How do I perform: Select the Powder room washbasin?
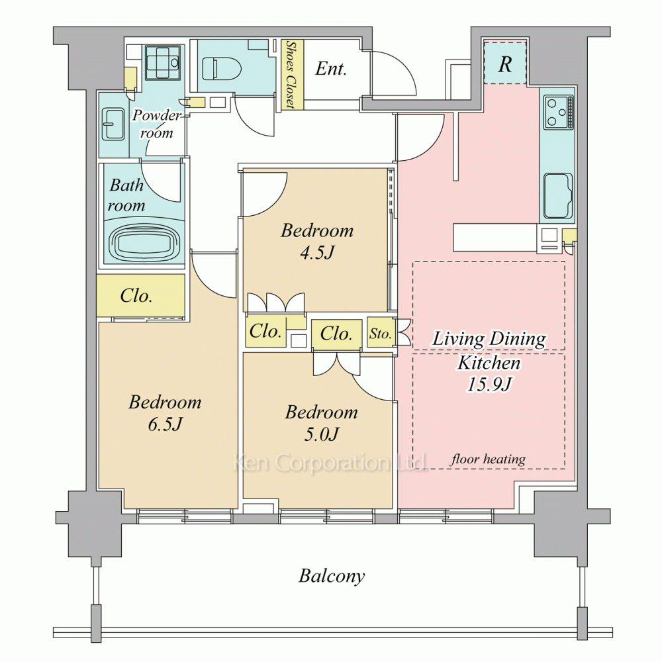pos(113,124)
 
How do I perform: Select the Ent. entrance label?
pos(331,69)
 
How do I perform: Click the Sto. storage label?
pos(381,334)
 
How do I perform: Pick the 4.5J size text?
pos(318,252)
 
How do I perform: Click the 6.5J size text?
pos(165,424)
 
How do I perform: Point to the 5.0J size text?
pos(321,434)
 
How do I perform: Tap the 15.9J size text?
pos(489,384)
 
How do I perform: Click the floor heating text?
pos(488,459)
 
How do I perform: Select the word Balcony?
pos(332,576)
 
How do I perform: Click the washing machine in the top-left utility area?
pos(163,62)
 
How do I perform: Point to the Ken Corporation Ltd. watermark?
pos(330,463)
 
